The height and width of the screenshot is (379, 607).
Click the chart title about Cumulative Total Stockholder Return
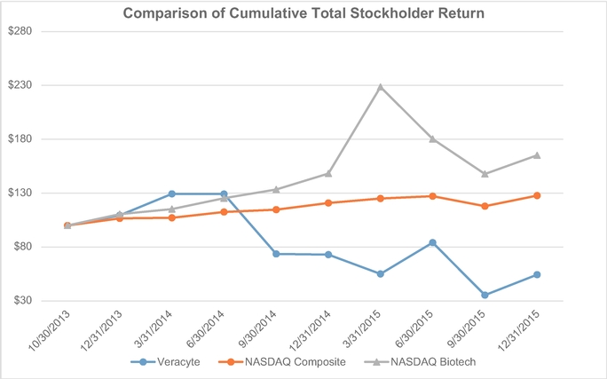[303, 14]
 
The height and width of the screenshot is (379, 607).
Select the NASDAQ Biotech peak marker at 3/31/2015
[381, 87]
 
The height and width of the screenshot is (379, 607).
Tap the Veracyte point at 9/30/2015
[485, 295]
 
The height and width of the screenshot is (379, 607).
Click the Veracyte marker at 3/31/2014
[171, 193]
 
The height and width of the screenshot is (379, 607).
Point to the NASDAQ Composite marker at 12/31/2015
[537, 195]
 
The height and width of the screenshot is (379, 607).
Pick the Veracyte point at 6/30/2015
[432, 242]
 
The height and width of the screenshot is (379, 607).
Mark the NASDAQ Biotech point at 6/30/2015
[432, 139]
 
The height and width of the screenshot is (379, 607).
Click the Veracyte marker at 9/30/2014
[276, 254]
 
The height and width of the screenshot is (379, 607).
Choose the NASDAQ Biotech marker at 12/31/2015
[537, 155]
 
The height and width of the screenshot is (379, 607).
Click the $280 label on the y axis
[20, 31]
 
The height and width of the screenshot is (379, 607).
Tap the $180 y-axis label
[20, 139]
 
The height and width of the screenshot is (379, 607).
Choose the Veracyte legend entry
[164, 362]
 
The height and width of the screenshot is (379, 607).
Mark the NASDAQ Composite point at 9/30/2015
[485, 206]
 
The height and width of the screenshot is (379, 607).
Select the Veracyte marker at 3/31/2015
[381, 273]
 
